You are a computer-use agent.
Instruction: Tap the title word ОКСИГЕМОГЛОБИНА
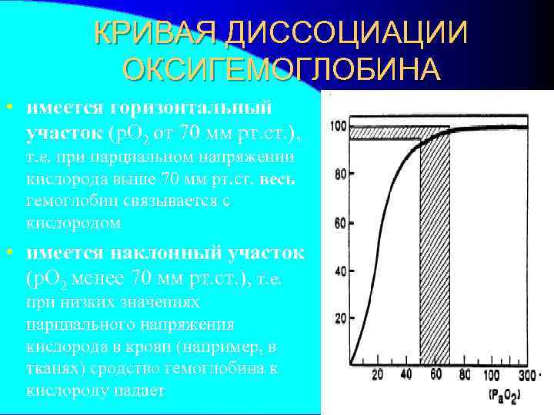pos(282,69)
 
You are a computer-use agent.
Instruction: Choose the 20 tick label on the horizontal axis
pos(377,375)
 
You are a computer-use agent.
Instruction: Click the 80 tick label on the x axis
pos(463,375)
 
